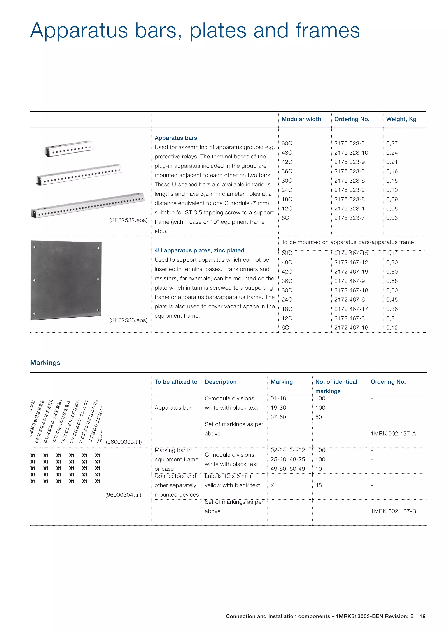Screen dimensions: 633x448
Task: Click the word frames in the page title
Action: point(327,30)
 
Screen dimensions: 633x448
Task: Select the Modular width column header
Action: point(301,119)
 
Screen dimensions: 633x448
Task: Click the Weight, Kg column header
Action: point(401,119)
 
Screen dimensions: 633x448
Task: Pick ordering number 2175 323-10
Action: point(351,153)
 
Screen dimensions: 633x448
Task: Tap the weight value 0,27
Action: point(392,143)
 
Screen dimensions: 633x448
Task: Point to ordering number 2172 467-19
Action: point(351,271)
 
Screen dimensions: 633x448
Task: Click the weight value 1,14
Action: point(392,253)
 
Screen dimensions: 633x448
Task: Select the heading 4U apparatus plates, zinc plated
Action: point(199,250)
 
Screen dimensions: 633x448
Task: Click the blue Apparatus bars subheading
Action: point(176,138)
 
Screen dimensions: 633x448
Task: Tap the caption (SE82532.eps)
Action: point(128,220)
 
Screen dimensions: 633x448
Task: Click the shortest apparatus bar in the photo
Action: point(69,149)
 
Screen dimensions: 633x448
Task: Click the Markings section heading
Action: point(45,363)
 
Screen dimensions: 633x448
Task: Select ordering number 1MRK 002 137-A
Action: point(393,434)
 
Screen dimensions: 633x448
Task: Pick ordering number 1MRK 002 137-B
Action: point(393,511)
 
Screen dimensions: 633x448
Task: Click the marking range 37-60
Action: point(278,417)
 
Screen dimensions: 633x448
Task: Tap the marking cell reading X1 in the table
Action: point(273,485)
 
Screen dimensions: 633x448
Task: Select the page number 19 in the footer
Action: point(422,616)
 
